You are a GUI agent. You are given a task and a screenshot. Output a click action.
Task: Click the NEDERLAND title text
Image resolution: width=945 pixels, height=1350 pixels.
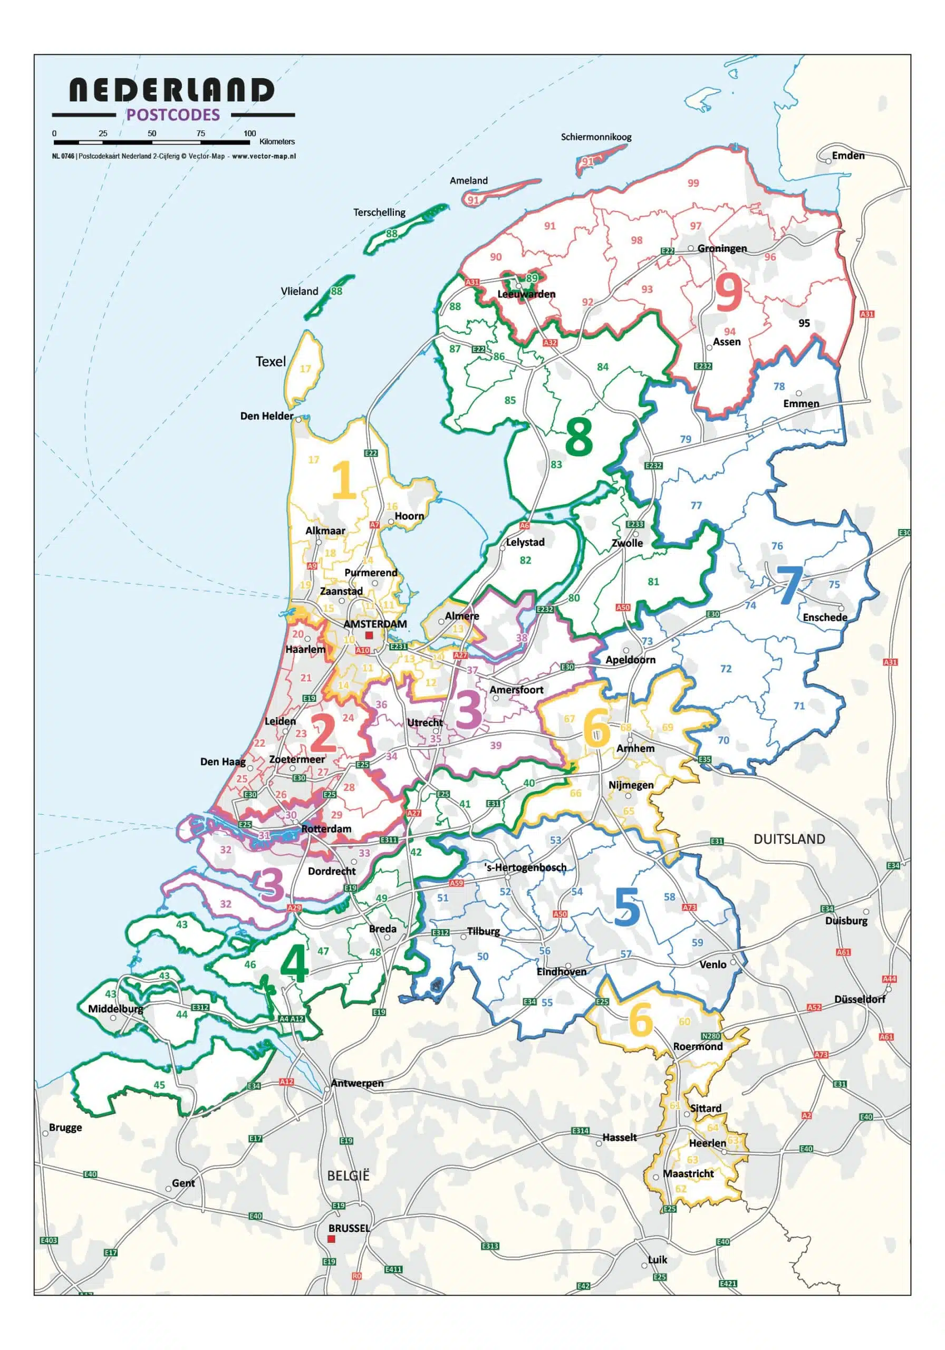coord(171,91)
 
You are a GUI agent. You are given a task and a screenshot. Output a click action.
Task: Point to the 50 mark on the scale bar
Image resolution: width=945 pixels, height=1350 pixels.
coord(152,133)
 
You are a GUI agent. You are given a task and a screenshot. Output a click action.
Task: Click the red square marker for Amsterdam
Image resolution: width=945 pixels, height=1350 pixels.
coord(369,635)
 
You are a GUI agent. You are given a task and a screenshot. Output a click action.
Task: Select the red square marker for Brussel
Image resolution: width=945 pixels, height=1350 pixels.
coord(331,1239)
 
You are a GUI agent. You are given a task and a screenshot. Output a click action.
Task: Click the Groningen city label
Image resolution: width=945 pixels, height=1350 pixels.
coord(721,248)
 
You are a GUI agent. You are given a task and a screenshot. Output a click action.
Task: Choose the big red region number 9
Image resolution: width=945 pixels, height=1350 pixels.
coord(728,292)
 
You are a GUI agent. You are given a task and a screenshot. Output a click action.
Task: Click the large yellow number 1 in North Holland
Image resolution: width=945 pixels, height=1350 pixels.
coord(344,480)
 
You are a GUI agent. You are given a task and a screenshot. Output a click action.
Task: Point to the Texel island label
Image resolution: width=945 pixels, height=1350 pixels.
coord(271,362)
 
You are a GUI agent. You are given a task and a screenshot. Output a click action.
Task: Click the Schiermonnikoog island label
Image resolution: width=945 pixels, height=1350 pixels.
coord(596,137)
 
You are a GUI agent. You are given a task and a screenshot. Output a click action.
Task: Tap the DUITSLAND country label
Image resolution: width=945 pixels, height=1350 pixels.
coord(788,839)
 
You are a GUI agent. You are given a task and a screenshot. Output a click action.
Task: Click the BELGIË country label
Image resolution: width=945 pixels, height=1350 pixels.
coord(348,1175)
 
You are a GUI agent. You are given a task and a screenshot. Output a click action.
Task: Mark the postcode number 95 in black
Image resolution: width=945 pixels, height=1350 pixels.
coord(804,323)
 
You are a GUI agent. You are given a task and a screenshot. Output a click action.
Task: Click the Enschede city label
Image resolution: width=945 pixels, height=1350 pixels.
coord(824,617)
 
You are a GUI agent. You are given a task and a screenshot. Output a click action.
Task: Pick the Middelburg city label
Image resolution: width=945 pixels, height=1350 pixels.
coord(115,1009)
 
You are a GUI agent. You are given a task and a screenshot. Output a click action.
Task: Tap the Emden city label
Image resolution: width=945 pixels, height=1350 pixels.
coord(847,155)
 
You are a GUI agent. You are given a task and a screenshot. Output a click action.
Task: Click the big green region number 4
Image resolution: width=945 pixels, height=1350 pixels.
coord(294,965)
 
